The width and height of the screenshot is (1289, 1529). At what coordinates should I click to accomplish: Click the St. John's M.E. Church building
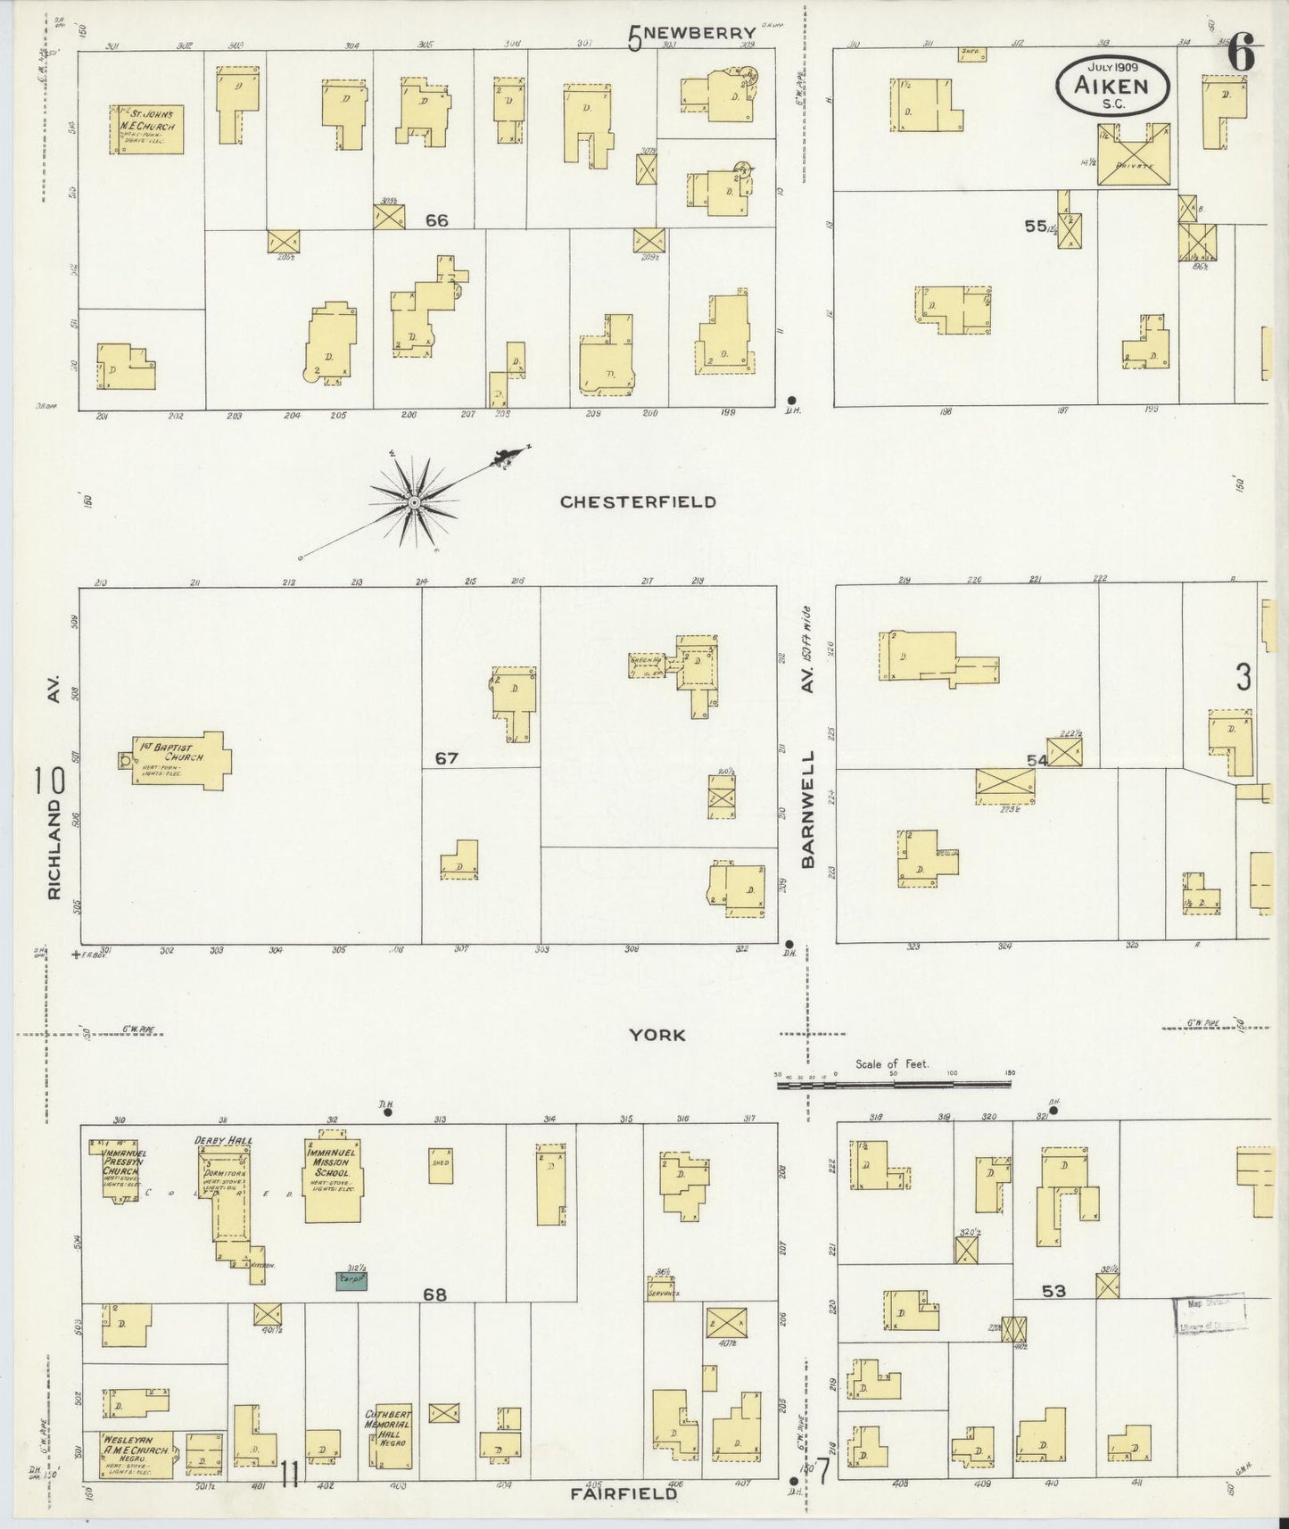pos(148,129)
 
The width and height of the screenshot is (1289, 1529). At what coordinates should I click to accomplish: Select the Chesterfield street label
pos(637,502)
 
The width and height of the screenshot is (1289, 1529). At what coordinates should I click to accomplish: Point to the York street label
pos(657,1035)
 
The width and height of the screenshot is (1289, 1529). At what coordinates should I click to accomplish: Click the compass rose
pos(415,504)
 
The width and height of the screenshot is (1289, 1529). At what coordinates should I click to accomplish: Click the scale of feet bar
pos(894,1085)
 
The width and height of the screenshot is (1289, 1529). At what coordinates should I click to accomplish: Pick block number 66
pos(436,220)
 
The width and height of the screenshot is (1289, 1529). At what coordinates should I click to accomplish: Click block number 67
pos(446,759)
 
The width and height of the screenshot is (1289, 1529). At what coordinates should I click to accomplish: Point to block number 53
pos(1054,1291)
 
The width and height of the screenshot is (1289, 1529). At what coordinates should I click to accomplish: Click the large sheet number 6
pos(1241,55)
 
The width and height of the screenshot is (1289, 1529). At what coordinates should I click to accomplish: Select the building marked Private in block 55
pos(1133,155)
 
